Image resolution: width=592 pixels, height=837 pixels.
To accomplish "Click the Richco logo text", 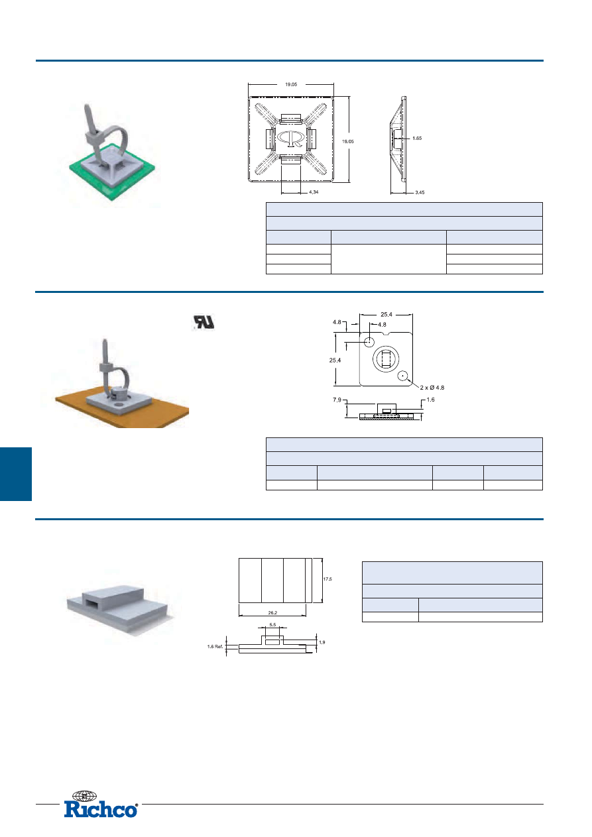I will coord(101,809).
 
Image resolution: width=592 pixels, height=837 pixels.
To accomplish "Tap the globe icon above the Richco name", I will coord(84,796).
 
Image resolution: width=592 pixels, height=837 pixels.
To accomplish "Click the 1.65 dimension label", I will coord(417,139).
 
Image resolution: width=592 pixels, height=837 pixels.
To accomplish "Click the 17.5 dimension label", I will coord(327,579).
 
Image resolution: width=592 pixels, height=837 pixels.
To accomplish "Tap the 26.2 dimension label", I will coord(272,612).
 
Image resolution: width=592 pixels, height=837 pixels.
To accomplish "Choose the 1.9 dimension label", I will coord(322,642).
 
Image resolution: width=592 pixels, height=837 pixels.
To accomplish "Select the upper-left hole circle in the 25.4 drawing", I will coord(370,341).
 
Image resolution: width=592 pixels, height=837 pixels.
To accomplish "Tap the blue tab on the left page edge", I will coord(16,473).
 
